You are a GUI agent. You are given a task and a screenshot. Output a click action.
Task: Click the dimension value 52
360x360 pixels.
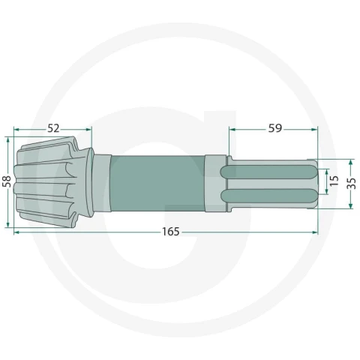53,128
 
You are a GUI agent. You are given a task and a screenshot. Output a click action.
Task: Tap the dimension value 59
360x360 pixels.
275,128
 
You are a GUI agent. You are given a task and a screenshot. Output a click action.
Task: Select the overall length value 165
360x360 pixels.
171,232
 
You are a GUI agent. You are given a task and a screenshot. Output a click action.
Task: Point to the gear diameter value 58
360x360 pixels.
7,181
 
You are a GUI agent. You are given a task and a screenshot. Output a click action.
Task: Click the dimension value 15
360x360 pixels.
334,181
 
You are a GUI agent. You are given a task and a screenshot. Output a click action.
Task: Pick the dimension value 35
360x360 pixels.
352,184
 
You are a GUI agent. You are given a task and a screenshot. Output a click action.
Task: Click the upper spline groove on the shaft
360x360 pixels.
268,172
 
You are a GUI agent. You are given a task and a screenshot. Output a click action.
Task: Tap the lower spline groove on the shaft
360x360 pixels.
268,196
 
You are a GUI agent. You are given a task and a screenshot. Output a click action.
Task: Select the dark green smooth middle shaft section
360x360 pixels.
157,183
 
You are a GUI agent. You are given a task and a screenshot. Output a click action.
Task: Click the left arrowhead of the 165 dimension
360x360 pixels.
16,232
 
